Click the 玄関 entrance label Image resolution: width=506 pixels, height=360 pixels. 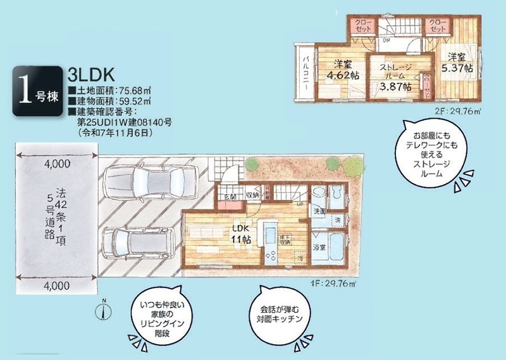[x=230, y=198]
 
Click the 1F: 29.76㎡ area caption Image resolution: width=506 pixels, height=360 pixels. [x=328, y=282]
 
